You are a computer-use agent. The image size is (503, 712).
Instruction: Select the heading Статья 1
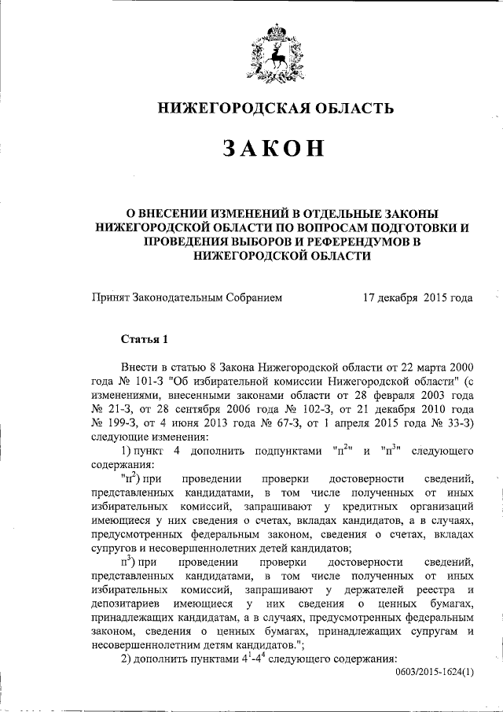(x=145, y=340)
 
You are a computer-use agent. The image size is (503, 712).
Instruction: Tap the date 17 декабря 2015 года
(x=417, y=299)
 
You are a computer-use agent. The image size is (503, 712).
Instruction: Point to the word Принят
(x=112, y=299)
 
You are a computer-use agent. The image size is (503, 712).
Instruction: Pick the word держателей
(x=371, y=588)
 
